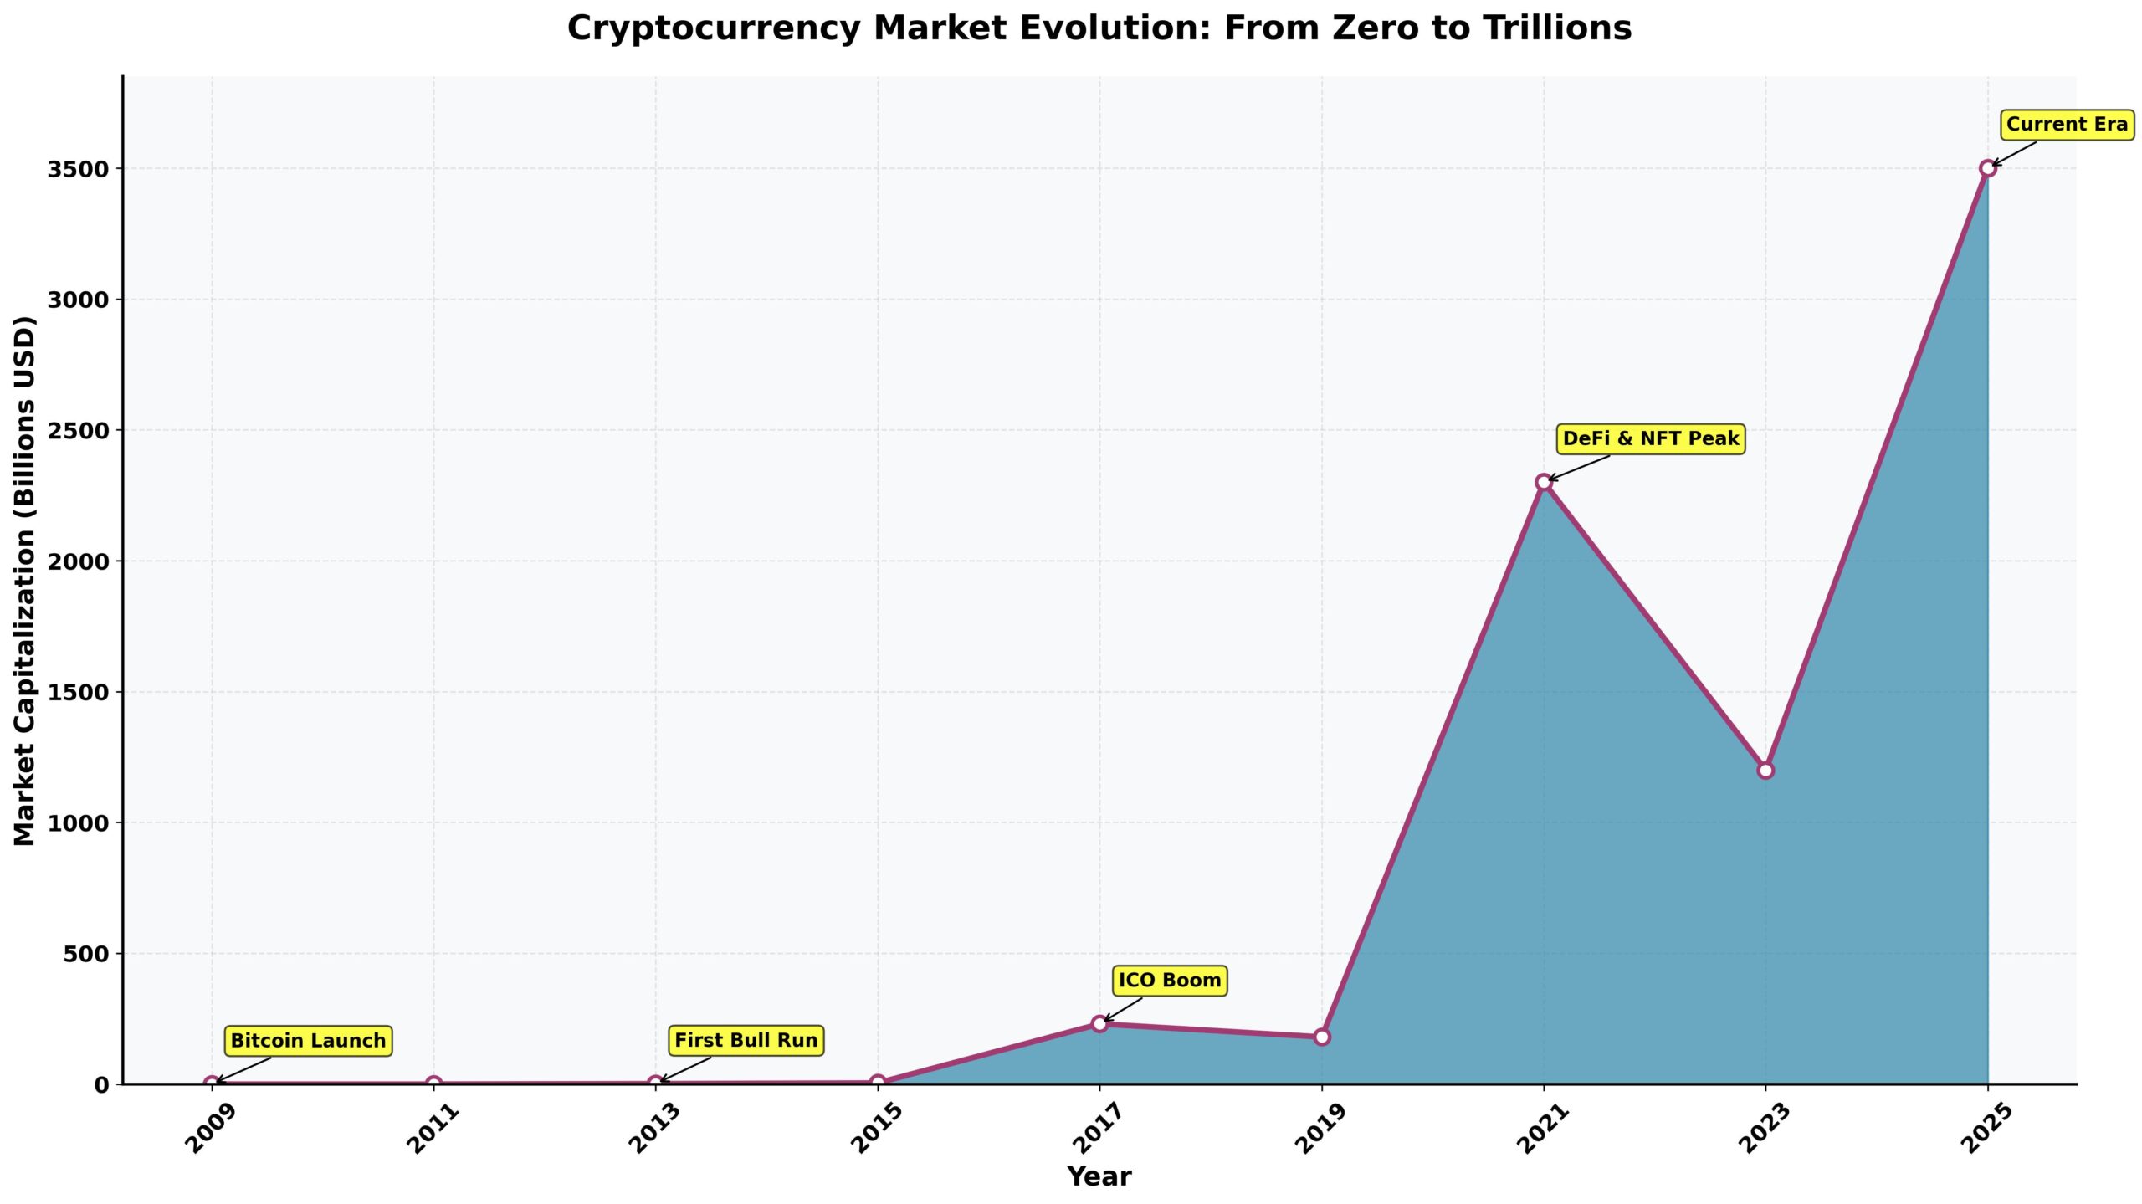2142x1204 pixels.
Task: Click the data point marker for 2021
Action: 1544,482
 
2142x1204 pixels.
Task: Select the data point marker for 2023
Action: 1765,770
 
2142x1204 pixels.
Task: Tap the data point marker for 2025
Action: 1988,168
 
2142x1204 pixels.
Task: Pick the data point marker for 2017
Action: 1099,1023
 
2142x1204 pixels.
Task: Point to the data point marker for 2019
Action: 1322,1037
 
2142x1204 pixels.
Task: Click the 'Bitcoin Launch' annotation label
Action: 308,1041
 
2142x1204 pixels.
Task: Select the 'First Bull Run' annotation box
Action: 746,1040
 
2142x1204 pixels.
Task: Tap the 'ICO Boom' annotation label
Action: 1170,980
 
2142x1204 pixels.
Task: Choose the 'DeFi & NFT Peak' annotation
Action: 1650,438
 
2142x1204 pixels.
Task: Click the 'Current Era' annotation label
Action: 2067,125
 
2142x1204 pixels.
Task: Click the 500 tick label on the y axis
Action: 87,954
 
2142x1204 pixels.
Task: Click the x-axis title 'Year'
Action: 1099,1176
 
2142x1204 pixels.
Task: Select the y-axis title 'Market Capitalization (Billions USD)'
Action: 25,581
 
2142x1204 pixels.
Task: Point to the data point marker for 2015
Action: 878,1082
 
